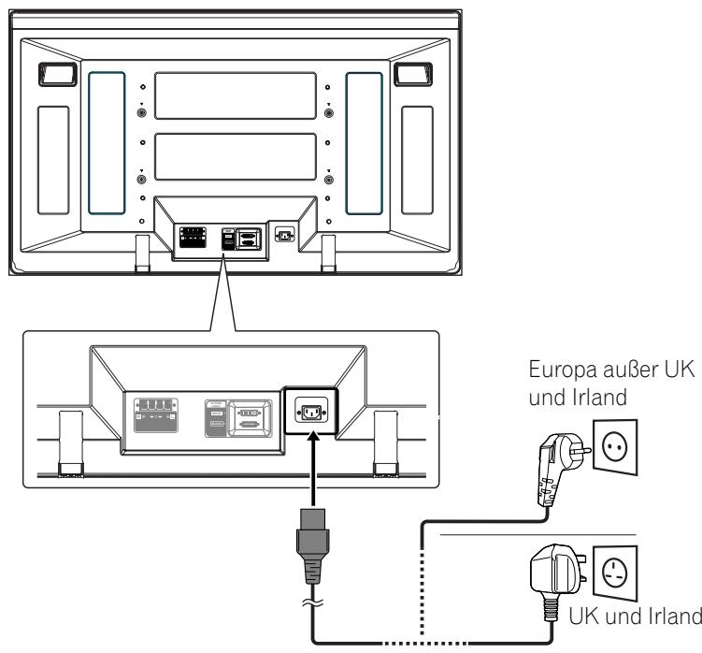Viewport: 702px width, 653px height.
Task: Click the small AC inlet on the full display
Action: pos(282,235)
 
